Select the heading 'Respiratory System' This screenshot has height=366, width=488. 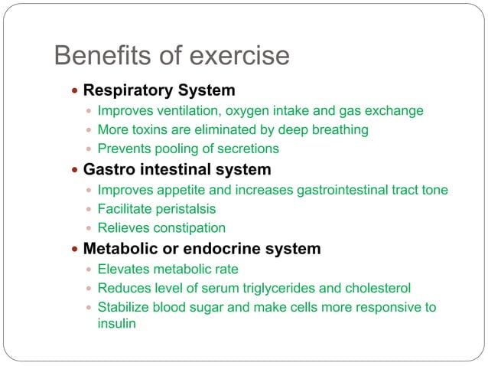click(158, 90)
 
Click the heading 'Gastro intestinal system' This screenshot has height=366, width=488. click(177, 169)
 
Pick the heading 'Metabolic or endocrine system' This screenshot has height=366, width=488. click(201, 249)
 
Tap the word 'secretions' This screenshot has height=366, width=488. click(246, 149)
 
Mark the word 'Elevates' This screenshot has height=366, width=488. click(122, 270)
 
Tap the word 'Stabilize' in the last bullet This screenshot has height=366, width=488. click(125, 307)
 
